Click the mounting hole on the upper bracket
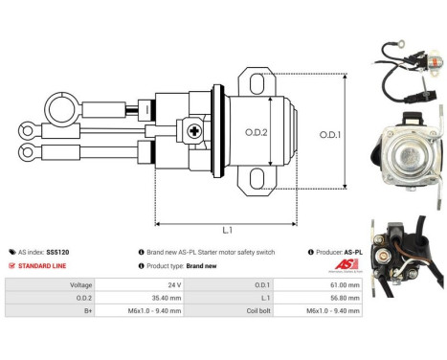coord(255,81)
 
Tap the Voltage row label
coord(80,285)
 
